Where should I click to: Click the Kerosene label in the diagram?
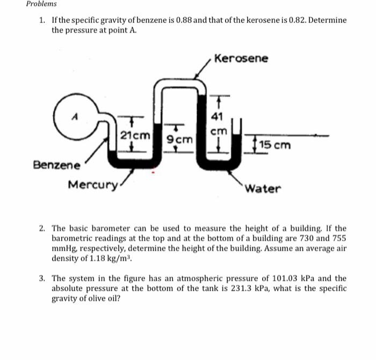[241, 58]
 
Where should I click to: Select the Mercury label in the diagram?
[92, 185]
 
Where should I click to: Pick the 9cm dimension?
[178, 140]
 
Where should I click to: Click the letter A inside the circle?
[76, 114]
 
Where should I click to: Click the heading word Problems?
[41, 4]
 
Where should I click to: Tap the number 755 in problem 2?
[338, 238]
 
